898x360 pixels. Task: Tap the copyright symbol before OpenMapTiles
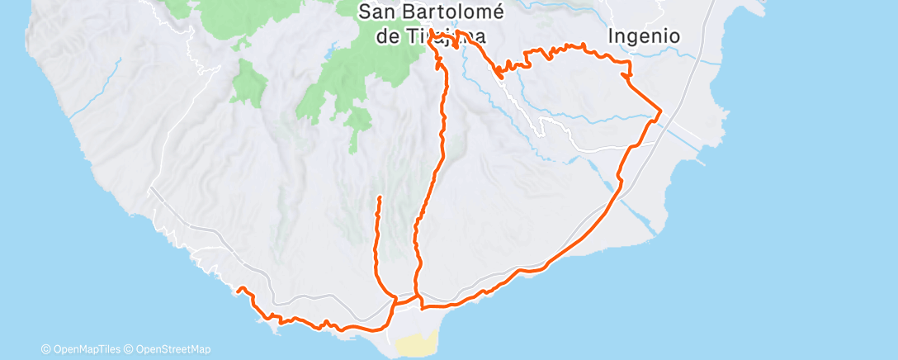(46, 350)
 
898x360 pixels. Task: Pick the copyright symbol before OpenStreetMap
(130, 350)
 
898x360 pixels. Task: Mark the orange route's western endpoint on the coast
(239, 290)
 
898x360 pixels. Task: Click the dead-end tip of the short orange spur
(379, 197)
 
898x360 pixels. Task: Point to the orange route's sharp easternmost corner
(661, 109)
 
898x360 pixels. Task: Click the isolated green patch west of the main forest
(247, 83)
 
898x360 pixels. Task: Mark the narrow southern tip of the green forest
(353, 149)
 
